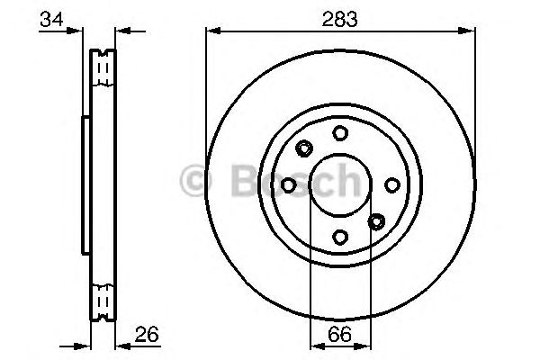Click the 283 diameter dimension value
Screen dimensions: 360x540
[339, 17]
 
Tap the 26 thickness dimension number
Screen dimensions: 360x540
[147, 334]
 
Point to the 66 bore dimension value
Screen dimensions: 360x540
[339, 334]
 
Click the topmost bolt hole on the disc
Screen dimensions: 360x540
[340, 133]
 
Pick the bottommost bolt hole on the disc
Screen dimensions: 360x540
[340, 237]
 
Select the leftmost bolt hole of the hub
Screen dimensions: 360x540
[288, 184]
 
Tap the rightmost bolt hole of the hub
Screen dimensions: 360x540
[392, 184]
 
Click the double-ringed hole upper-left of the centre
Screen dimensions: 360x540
[303, 148]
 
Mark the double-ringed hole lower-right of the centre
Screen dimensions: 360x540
[377, 220]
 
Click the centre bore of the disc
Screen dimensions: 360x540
[340, 184]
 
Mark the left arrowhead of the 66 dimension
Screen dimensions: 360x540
[314, 346]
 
